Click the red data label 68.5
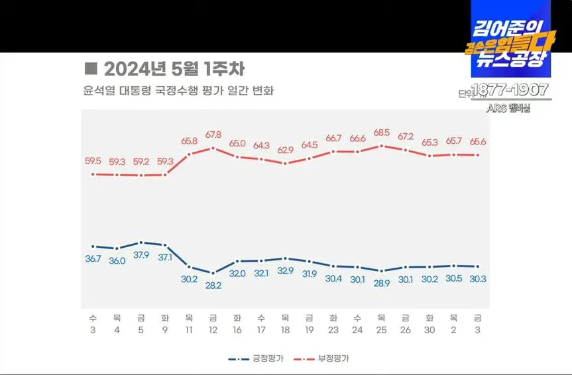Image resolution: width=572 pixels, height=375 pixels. coord(381,133)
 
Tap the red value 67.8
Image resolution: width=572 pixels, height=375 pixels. coord(213,134)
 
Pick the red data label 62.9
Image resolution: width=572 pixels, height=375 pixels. coord(285,150)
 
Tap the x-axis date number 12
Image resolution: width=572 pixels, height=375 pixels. coord(213,331)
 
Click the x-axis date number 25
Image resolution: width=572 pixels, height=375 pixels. coord(381,331)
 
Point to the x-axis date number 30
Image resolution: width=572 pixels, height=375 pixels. coord(429,331)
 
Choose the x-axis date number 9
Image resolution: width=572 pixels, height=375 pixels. coord(165,331)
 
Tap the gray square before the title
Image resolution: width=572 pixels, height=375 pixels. coord(91,69)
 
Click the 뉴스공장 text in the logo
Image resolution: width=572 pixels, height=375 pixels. coord(508,59)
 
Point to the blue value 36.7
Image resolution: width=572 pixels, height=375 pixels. coord(93,258)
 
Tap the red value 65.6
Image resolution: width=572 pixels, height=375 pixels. coord(477,141)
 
